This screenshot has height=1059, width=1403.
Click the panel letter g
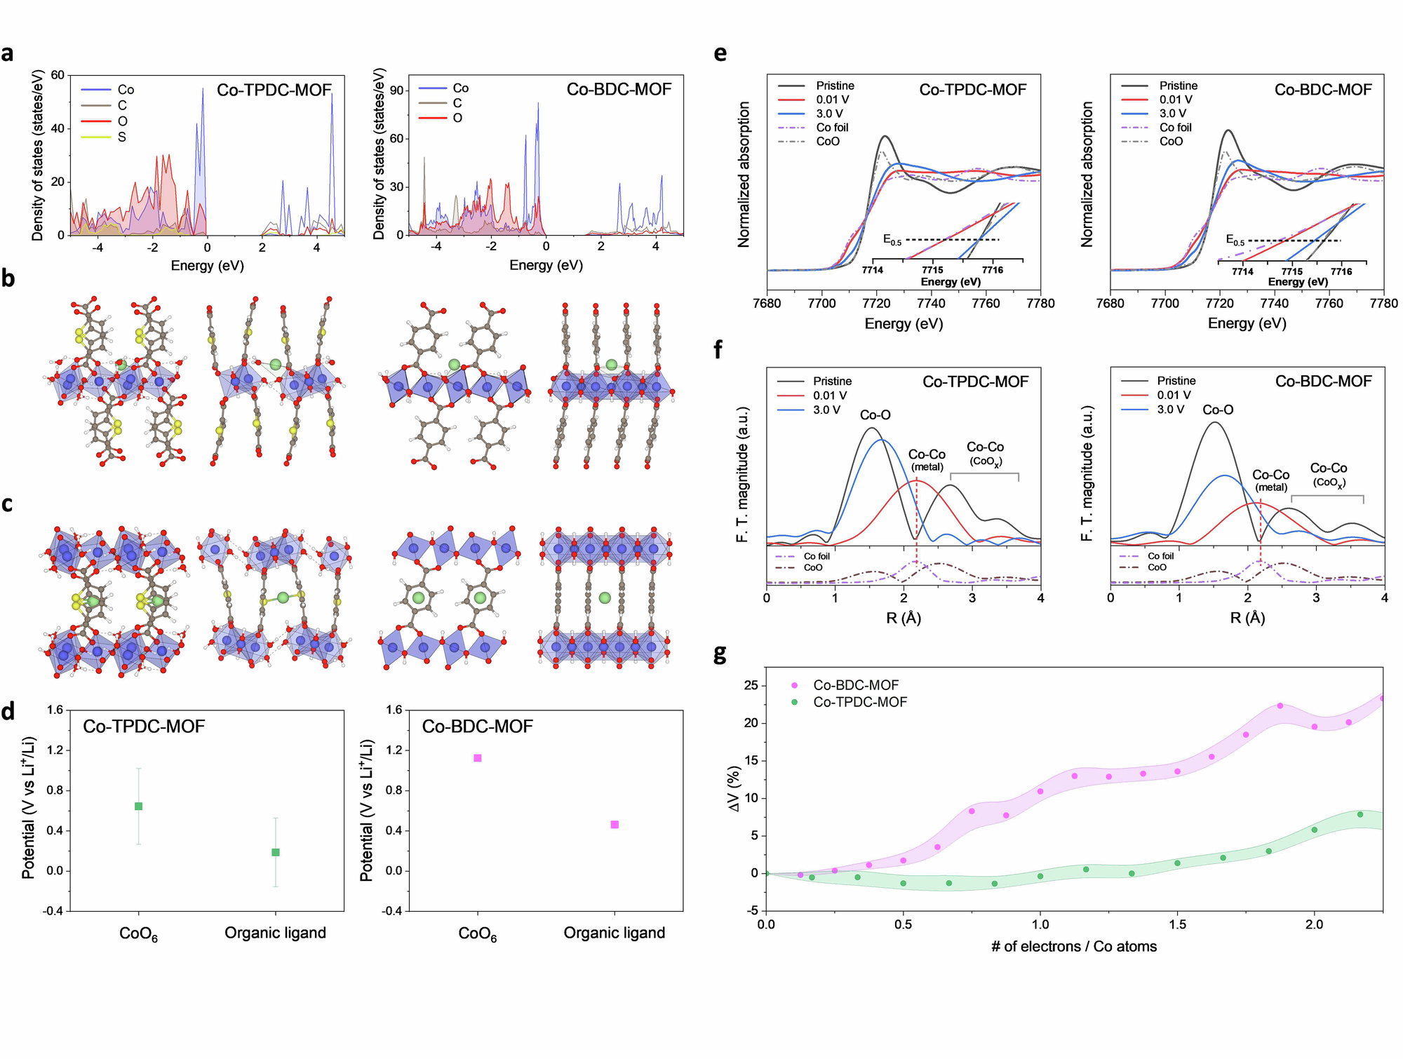click(720, 654)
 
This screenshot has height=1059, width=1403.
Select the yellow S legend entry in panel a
click(121, 137)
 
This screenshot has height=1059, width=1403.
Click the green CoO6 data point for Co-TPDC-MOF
click(139, 807)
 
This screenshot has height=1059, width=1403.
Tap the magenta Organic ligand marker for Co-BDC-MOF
click(615, 825)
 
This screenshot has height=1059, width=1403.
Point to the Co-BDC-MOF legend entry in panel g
click(855, 685)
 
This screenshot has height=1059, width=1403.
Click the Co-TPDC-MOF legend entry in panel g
click(859, 702)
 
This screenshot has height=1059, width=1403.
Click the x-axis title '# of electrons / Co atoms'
click(1074, 947)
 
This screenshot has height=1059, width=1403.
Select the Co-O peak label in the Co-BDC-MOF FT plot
click(1218, 410)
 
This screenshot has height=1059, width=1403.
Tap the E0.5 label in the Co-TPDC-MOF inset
click(892, 240)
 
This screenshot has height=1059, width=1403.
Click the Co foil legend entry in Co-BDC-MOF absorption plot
click(1175, 128)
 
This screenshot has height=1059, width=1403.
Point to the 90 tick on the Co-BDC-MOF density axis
click(396, 90)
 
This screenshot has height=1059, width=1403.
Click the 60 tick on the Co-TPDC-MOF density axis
click(58, 75)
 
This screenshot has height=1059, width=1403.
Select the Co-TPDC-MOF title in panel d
click(144, 727)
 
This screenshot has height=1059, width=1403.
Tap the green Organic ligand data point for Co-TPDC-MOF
click(276, 853)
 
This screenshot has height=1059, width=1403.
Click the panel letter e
click(720, 54)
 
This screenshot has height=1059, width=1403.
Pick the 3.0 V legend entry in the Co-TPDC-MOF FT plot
click(826, 410)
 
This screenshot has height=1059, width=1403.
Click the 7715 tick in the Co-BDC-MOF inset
click(1291, 272)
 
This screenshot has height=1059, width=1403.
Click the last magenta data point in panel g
click(1382, 699)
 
